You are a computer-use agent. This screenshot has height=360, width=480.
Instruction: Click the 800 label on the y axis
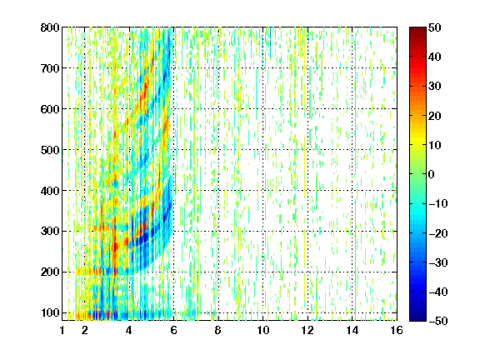[50, 27]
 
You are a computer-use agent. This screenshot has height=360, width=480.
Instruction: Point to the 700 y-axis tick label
[50, 68]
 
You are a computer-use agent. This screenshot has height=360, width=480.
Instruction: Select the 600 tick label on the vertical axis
[50, 109]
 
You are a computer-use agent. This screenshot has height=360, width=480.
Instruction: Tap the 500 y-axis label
[50, 150]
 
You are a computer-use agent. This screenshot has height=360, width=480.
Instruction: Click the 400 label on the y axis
[50, 191]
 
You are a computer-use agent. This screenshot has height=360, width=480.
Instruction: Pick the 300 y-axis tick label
[50, 232]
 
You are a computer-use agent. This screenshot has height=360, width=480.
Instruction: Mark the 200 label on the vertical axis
[50, 272]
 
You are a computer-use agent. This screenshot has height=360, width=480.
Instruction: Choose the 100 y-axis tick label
[50, 312]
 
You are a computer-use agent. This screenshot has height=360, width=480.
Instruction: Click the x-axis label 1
[62, 331]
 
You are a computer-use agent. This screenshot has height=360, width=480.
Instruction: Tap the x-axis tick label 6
[174, 331]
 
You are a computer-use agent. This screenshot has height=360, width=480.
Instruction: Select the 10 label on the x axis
[263, 331]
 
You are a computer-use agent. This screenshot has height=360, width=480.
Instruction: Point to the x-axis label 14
[352, 331]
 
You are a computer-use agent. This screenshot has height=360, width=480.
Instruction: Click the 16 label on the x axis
[397, 331]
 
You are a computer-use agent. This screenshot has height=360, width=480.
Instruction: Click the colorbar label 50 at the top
[435, 27]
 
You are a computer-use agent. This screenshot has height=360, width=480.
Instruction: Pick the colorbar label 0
[432, 174]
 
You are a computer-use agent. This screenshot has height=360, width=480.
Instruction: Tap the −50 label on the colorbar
[438, 321]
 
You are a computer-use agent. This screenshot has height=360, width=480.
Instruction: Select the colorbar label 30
[435, 87]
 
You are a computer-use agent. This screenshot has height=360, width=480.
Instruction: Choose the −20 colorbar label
[438, 233]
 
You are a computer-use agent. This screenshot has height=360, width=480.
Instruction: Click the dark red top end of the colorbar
[417, 29]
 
